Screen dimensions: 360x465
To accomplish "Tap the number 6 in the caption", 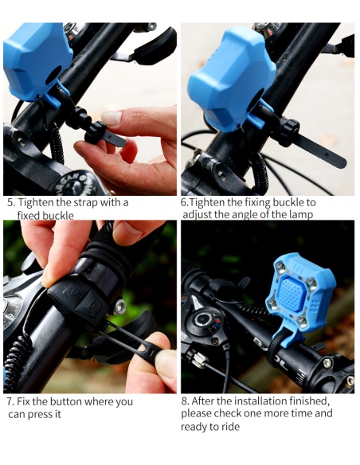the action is pyautogui.click(x=183, y=202).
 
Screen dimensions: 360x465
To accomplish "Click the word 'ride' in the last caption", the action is pyautogui.click(x=229, y=427).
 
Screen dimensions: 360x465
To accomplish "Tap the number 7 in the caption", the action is pyautogui.click(x=10, y=402).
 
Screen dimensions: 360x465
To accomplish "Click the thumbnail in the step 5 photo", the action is pyautogui.click(x=112, y=117).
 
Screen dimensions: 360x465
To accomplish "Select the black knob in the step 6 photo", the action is pyautogui.click(x=288, y=131).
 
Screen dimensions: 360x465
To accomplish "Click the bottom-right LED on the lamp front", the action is pyautogui.click(x=302, y=322).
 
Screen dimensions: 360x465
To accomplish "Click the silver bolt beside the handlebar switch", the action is pyautogui.click(x=119, y=307).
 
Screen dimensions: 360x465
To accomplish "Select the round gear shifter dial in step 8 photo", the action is pyautogui.click(x=203, y=320).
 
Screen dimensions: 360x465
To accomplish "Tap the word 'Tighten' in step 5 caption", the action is pyautogui.click(x=36, y=203).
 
